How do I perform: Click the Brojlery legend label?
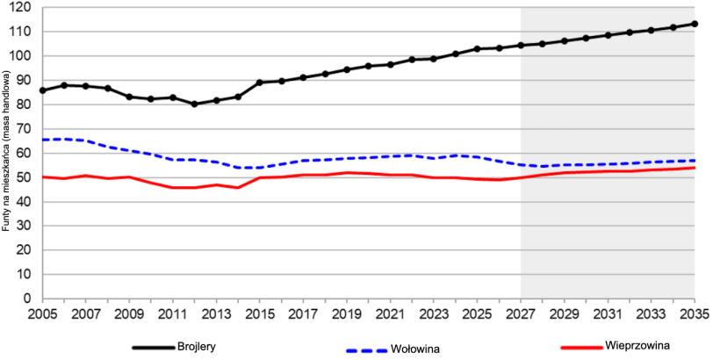click(197, 347)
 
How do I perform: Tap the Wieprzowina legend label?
click(638, 346)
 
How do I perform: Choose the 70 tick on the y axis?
click(23, 129)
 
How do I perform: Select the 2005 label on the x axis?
click(42, 313)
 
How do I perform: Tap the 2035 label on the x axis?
click(694, 313)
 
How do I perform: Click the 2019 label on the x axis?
click(346, 313)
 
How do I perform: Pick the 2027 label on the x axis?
click(520, 313)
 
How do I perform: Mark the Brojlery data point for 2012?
click(194, 104)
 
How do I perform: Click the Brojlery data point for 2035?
click(695, 24)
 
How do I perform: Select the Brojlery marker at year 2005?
click(42, 90)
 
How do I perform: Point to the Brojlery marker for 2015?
click(259, 83)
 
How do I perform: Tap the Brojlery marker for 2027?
click(521, 46)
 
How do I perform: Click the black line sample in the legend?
click(153, 348)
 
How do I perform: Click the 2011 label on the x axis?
click(172, 313)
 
